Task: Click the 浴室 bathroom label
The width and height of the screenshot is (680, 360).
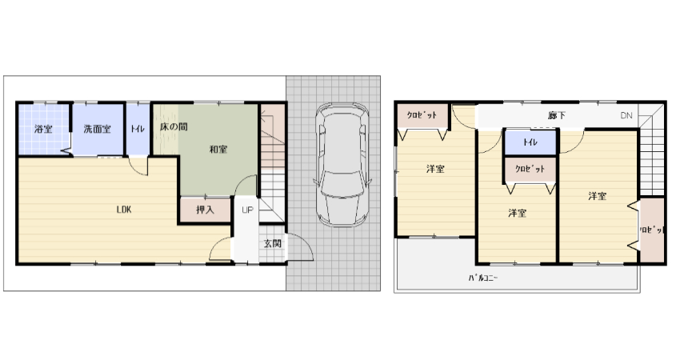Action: tap(43, 129)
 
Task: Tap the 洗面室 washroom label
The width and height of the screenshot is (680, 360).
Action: tap(97, 129)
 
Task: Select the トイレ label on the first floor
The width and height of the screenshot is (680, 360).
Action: tap(138, 129)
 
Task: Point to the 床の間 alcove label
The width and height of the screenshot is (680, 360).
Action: tap(174, 127)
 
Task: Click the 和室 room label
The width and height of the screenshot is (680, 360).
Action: tap(218, 150)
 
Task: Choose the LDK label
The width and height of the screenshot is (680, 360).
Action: tap(124, 210)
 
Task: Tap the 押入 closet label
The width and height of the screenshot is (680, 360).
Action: tap(205, 210)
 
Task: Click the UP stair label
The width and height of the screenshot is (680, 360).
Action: tap(247, 210)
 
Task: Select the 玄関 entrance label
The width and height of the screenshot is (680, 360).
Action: tap(273, 243)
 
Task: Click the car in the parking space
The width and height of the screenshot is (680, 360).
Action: tap(342, 164)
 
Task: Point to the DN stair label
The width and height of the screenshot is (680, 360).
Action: tap(626, 115)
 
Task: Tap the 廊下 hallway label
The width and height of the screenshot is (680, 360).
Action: tap(557, 115)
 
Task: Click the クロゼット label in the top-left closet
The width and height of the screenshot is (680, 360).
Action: tap(422, 115)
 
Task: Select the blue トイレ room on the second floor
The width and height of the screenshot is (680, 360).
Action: tap(530, 142)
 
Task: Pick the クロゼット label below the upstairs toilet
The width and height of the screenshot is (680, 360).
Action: tap(530, 169)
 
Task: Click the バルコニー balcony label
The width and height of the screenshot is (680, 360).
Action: tap(482, 278)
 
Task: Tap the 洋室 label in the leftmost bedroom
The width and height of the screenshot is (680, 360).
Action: tap(435, 169)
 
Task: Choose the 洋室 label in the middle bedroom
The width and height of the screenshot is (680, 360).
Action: tap(518, 213)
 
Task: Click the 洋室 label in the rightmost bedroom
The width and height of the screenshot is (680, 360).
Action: tap(597, 196)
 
